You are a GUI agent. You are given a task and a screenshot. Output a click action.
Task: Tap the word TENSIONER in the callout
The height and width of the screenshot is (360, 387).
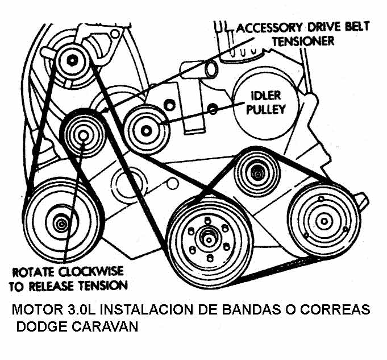pyautogui.click(x=303, y=42)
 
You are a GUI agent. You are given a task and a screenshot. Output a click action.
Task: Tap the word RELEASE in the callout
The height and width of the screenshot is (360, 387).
pyautogui.click(x=65, y=284)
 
